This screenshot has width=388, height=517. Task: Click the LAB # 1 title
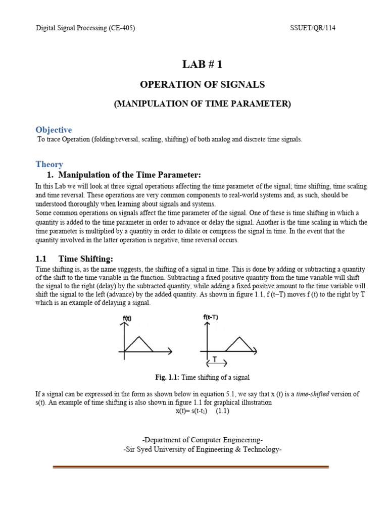click(x=202, y=64)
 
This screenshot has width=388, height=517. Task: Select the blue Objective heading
click(x=54, y=130)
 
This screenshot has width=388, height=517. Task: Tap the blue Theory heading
click(x=49, y=164)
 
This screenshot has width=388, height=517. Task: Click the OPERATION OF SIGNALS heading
click(x=202, y=85)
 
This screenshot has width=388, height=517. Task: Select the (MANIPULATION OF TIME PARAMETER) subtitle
click(x=202, y=104)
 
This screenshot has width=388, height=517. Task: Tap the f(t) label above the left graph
click(x=127, y=319)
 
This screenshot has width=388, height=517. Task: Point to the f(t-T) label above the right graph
click(x=211, y=317)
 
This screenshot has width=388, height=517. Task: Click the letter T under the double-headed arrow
click(x=215, y=360)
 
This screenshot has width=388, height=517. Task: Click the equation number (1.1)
click(x=222, y=411)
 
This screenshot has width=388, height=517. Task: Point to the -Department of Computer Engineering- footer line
click(x=202, y=440)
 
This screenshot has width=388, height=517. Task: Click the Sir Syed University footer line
click(x=202, y=449)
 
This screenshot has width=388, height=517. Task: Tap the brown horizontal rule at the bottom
click(x=191, y=467)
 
